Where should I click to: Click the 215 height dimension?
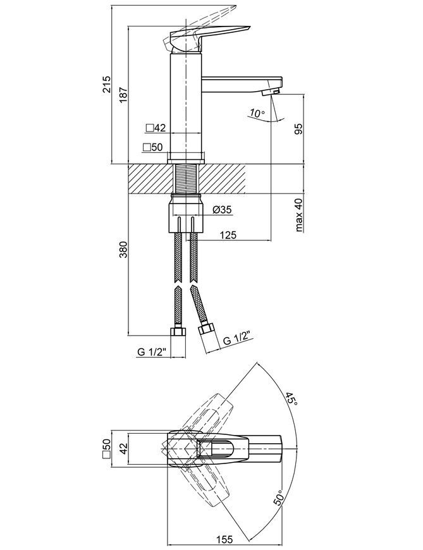tap(106, 84)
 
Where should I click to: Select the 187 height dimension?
tap(123, 95)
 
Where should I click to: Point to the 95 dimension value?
tap(298, 129)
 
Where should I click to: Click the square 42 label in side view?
tap(156, 128)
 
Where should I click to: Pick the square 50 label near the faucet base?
tap(153, 147)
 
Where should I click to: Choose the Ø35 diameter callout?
tap(222, 210)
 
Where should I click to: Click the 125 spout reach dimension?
tap(228, 235)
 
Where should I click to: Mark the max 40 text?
tap(298, 215)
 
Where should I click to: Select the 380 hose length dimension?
tap(123, 249)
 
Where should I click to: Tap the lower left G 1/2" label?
tap(151, 352)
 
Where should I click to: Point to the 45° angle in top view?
tap(291, 400)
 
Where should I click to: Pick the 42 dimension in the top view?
tap(123, 449)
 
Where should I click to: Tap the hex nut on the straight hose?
tap(178, 331)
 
